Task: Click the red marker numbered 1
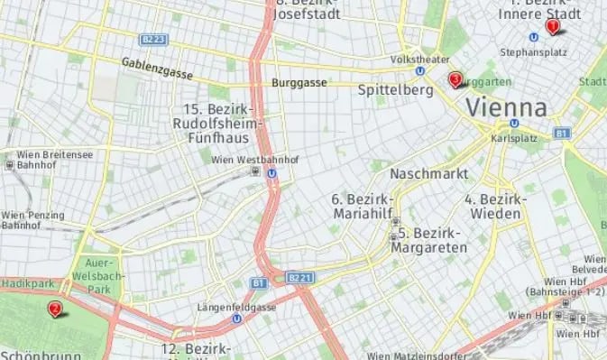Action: pyautogui.click(x=552, y=27)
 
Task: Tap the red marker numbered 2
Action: pyautogui.click(x=55, y=309)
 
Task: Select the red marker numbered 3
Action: pyautogui.click(x=455, y=80)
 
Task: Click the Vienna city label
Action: pyautogui.click(x=506, y=108)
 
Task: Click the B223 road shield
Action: pyautogui.click(x=154, y=39)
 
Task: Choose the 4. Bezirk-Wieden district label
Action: pyautogui.click(x=493, y=206)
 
